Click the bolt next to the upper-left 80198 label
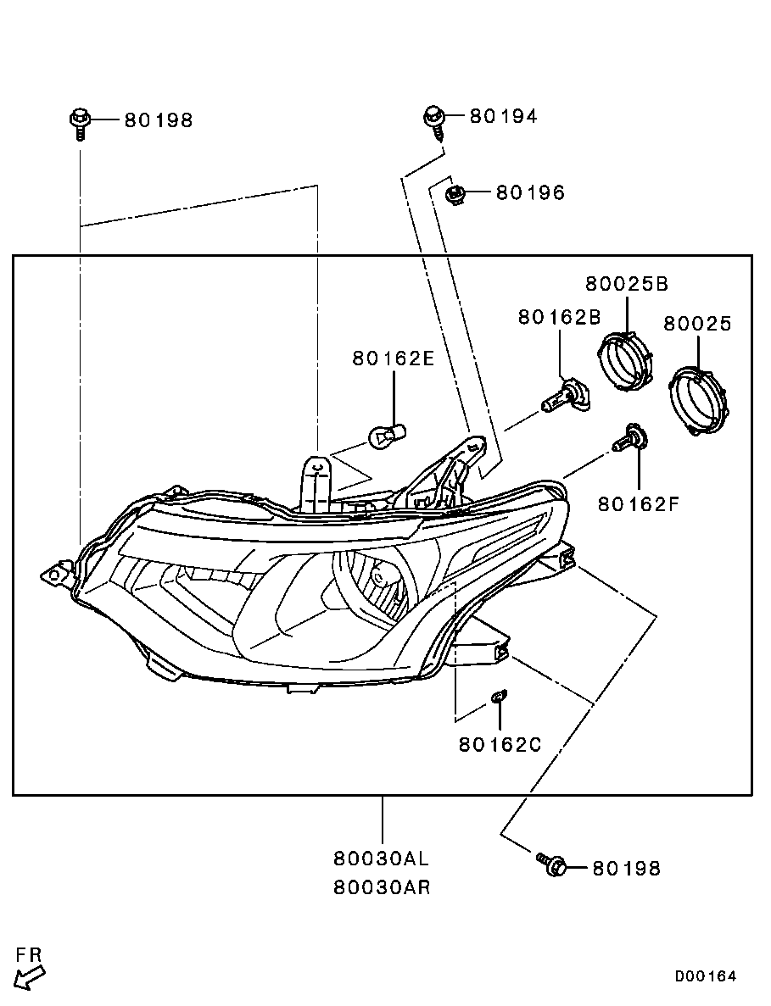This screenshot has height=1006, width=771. click(78, 123)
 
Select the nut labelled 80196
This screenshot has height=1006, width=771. click(455, 194)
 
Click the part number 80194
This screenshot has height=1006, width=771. click(503, 116)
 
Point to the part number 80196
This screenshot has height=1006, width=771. click(530, 192)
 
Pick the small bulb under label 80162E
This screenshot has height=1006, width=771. click(387, 437)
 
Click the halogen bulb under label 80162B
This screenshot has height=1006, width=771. click(567, 397)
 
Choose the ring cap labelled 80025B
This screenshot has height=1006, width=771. click(625, 360)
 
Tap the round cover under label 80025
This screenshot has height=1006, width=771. click(698, 398)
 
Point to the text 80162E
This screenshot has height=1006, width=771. click(393, 358)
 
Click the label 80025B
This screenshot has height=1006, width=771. click(627, 283)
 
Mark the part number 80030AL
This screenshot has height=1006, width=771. click(382, 858)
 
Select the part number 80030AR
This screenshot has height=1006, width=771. click(382, 887)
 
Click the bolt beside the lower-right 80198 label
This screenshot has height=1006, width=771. click(550, 863)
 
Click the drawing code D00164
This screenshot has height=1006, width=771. click(705, 975)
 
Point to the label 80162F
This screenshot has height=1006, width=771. click(638, 504)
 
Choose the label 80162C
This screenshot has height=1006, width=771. click(500, 744)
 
